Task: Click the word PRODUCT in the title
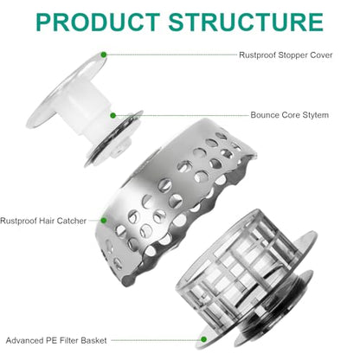pyautogui.click(x=98, y=22)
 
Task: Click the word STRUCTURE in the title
pyautogui.click(x=246, y=22)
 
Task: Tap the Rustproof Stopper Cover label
pyautogui.click(x=286, y=55)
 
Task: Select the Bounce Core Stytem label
pyautogui.click(x=290, y=115)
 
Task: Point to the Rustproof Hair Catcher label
pyautogui.click(x=43, y=221)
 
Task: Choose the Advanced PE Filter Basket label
pyautogui.click(x=56, y=340)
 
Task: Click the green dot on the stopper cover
pyautogui.click(x=104, y=55)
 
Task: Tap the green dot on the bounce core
pyautogui.click(x=113, y=115)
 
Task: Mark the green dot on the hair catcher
pyautogui.click(x=104, y=221)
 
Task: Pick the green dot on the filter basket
pyautogui.click(x=203, y=339)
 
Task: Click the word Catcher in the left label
pyautogui.click(x=72, y=221)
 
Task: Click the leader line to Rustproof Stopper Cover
pyautogui.click(x=171, y=55)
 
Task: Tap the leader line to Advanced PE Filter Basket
pyautogui.click(x=156, y=340)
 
